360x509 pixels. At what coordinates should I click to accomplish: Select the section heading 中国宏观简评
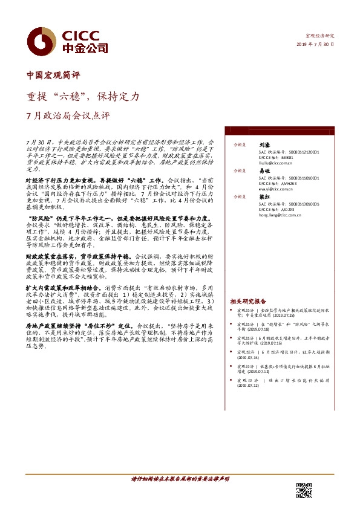(53, 76)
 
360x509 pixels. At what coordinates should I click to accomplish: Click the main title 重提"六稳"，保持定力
(83, 96)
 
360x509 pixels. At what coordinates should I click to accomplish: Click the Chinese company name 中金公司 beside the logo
(85, 48)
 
